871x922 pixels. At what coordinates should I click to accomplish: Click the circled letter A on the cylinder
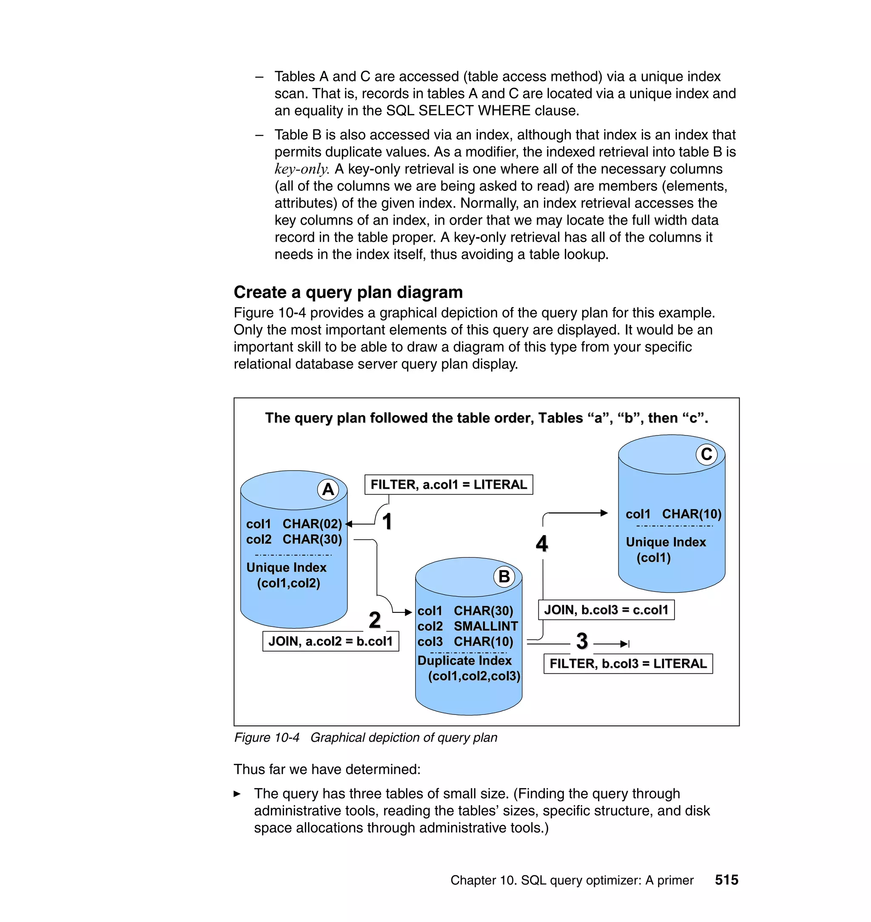[328, 489]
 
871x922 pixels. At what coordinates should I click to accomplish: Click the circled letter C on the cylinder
[706, 454]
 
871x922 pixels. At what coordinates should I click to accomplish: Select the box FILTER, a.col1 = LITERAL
[449, 485]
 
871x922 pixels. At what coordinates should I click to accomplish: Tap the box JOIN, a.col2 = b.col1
[330, 641]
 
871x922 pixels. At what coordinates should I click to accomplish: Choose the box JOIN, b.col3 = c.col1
[606, 609]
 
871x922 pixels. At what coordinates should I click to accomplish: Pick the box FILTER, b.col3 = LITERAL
[628, 663]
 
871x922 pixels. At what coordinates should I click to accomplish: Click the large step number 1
[387, 521]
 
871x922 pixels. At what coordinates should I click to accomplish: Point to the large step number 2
[375, 620]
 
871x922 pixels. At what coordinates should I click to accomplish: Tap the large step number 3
[582, 641]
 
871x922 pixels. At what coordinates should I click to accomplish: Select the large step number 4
[542, 543]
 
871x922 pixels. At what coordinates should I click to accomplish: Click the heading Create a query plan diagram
[348, 293]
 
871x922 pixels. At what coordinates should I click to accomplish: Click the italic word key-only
[302, 169]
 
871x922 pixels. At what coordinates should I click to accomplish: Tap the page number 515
[726, 880]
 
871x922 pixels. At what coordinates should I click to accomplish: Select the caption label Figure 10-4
[267, 738]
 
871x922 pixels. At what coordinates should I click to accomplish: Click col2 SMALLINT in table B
[467, 626]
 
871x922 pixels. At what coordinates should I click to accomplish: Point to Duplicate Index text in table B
[464, 660]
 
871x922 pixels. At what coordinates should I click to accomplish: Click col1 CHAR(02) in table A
[294, 524]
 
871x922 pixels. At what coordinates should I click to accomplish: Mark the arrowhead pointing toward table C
[604, 513]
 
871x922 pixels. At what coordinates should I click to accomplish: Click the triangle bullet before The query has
[237, 794]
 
